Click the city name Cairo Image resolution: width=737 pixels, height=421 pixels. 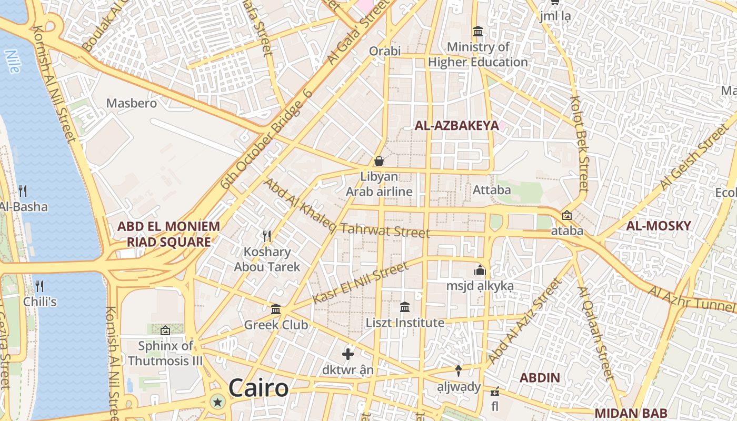click(258, 388)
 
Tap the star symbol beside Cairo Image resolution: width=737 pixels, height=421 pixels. click(217, 403)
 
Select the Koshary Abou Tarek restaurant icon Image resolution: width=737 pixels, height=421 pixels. click(267, 236)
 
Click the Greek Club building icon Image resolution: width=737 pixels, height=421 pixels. click(276, 309)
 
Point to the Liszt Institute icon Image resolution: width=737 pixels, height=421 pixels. click(405, 307)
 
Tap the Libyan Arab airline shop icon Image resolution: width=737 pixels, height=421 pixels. click(379, 161)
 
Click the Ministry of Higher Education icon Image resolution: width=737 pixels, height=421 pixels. click(478, 32)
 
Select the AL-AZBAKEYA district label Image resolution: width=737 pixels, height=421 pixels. click(456, 125)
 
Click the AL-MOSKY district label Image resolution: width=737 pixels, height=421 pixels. click(658, 226)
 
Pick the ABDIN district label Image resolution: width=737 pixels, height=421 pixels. click(540, 378)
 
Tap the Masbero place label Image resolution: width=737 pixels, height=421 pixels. click(132, 103)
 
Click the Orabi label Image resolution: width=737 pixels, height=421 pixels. click(385, 51)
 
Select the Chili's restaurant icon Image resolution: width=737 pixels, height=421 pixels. click(39, 286)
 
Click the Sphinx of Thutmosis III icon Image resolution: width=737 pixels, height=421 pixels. click(165, 330)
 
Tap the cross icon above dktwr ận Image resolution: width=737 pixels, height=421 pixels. click(348, 354)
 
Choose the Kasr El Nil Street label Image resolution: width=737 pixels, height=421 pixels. click(360, 284)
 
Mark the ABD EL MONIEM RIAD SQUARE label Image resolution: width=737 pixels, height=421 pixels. click(168, 234)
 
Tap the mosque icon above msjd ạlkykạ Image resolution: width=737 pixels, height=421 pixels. click(480, 270)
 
